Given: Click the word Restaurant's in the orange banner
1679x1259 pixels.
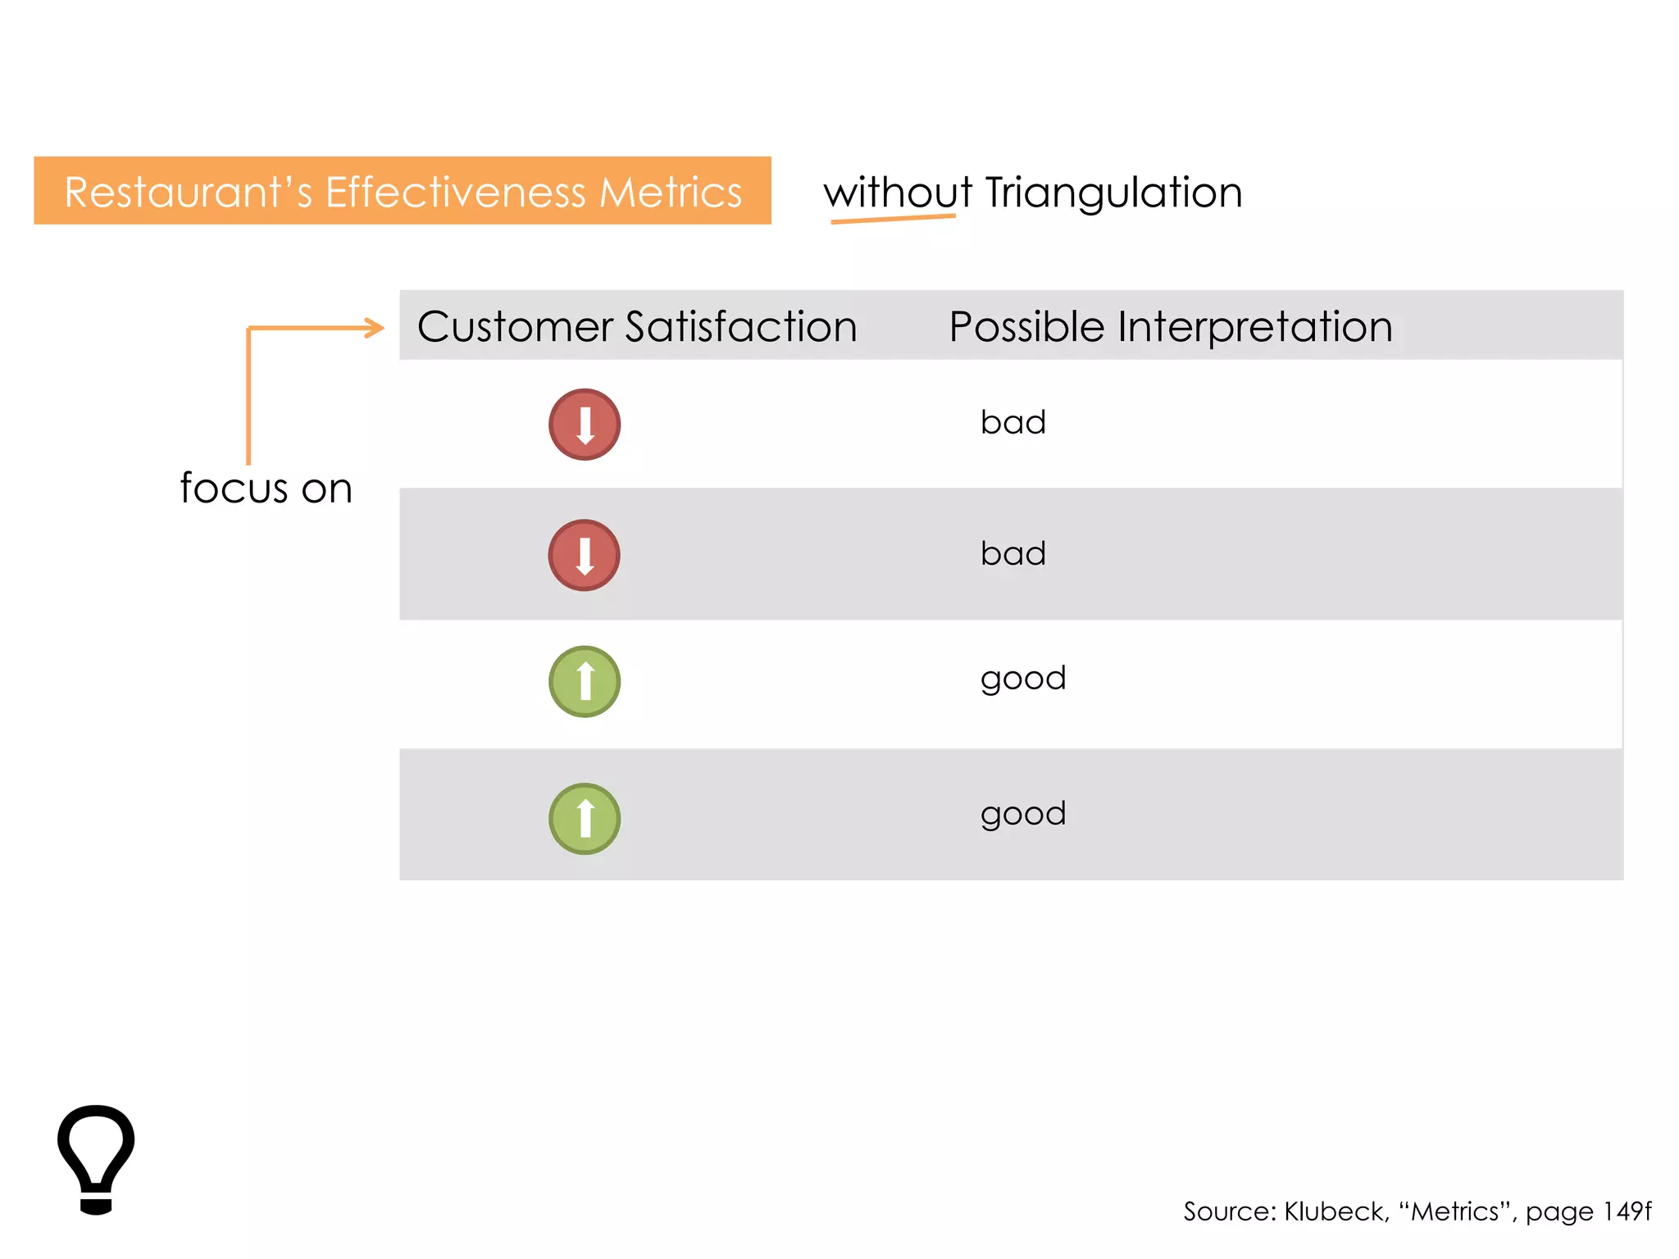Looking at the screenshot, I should point(188,193).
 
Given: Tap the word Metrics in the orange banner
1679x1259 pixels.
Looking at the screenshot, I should point(670,193).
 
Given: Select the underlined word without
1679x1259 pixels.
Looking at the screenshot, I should point(897,193).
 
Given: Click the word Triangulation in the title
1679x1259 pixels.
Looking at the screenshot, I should point(1113,193).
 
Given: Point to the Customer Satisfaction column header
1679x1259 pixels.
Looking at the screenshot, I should point(637,326).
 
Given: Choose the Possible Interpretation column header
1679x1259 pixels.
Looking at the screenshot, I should point(1170,326).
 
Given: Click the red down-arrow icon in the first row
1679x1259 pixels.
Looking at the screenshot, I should point(585,425).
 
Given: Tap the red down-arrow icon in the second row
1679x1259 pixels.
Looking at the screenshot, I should point(585,555).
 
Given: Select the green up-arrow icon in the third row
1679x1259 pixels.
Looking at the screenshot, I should point(585,682).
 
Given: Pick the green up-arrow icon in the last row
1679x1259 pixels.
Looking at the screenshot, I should point(585,819).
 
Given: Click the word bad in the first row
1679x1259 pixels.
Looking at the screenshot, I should point(1012,422).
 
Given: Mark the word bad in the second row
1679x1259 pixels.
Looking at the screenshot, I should point(1012,553).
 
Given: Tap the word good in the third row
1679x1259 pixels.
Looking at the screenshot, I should point(1022,679).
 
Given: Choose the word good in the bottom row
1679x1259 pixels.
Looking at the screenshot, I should point(1022,814).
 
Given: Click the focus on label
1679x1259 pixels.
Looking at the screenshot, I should point(266,489).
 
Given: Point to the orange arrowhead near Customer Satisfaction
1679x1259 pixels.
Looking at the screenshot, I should point(375,328).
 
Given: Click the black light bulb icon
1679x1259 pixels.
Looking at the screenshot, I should point(96,1157).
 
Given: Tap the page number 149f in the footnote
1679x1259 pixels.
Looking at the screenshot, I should point(1627,1211).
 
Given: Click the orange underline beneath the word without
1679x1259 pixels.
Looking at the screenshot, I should point(893,219).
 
